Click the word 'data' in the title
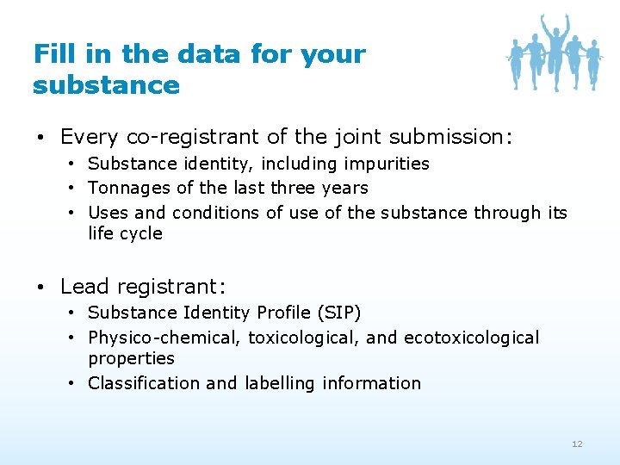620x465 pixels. point(202,53)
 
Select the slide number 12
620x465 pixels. point(577,444)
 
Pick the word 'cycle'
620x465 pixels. point(141,234)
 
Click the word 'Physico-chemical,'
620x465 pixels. point(165,338)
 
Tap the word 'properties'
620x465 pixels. point(131,359)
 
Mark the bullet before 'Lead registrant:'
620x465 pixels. point(39,287)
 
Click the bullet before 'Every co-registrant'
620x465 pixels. point(39,137)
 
